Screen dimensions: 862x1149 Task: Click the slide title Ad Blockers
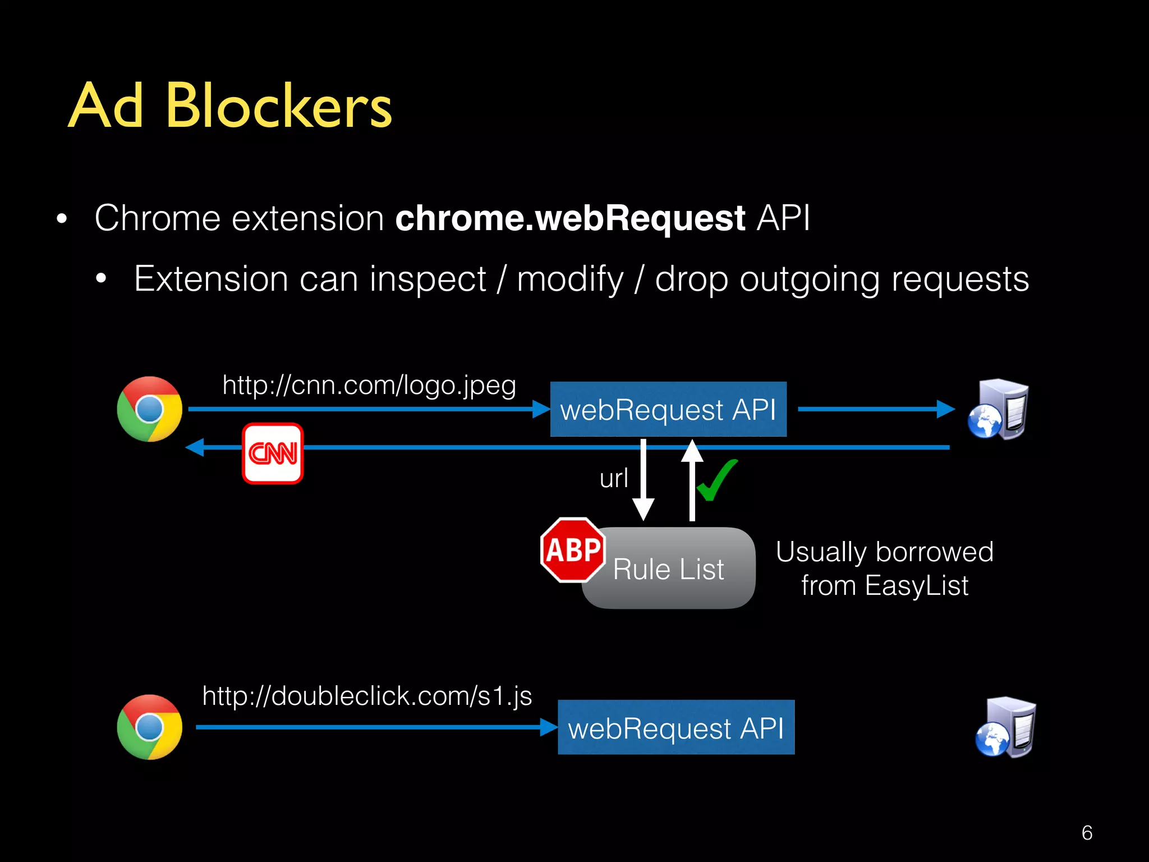coord(230,106)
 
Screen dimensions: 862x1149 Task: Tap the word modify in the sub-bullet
coord(570,279)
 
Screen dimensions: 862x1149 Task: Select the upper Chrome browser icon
coord(149,409)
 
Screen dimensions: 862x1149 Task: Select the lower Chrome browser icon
coord(149,727)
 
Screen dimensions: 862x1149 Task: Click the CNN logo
coord(273,453)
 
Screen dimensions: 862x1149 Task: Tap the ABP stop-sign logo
coord(573,550)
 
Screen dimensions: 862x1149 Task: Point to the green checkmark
coord(717,480)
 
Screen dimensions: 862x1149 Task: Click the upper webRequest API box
coord(668,409)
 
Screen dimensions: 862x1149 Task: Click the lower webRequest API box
coord(676,727)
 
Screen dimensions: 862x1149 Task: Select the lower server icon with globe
coord(1006,727)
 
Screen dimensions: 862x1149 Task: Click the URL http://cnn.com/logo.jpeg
coord(369,386)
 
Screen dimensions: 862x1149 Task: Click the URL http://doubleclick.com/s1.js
coord(367,696)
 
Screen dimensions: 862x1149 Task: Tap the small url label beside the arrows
coord(614,479)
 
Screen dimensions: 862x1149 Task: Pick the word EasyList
coord(917,586)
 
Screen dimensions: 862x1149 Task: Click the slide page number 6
coord(1087,833)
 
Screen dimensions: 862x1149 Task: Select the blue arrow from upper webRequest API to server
coord(875,409)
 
